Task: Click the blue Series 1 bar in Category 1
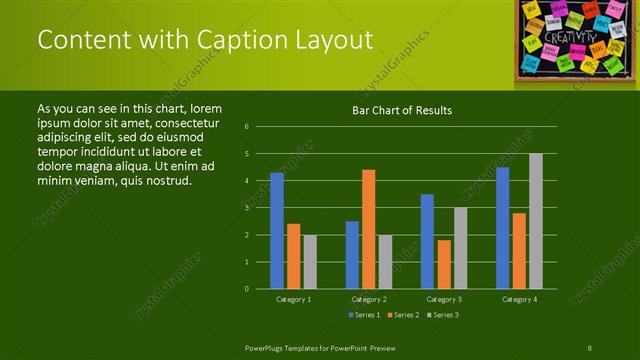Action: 277,231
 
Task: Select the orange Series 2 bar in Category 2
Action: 369,229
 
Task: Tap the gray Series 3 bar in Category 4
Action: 536,221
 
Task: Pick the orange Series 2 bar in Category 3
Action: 444,264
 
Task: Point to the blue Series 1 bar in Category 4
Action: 502,228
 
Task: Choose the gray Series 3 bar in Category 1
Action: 310,262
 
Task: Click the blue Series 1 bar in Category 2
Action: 352,255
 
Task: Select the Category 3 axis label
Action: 444,299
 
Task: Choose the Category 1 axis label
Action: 293,299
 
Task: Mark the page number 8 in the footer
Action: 590,347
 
